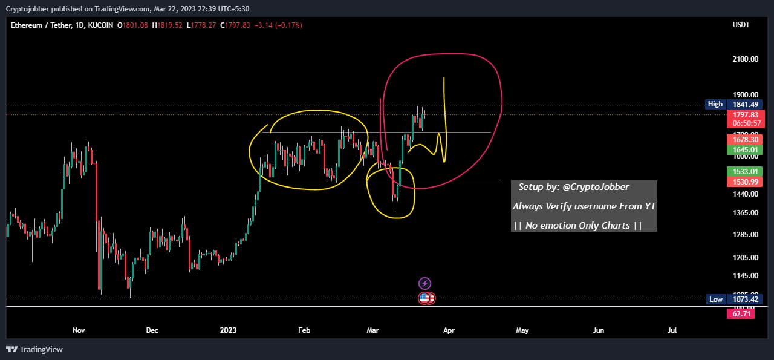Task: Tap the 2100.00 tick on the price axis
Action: click(x=745, y=59)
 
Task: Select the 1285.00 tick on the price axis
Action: click(x=745, y=234)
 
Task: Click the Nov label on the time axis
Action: click(x=79, y=330)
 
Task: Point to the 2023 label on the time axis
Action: click(x=228, y=330)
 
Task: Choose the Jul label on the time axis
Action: click(x=672, y=330)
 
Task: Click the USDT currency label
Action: click(x=741, y=25)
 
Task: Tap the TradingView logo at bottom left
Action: click(x=34, y=349)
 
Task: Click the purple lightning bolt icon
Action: click(x=424, y=283)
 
